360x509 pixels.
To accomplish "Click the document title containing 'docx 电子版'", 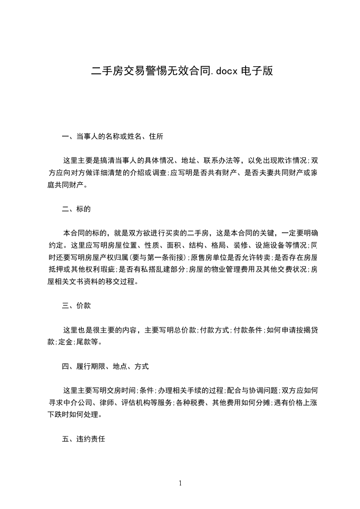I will (182, 71).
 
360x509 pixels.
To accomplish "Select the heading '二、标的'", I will (77, 209).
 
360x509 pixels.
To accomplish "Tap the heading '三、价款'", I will (77, 306).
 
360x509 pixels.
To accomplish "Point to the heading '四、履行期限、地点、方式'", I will (105, 366).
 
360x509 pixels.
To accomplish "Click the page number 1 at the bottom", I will (180, 484).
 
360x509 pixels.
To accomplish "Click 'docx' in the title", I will (227, 71).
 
